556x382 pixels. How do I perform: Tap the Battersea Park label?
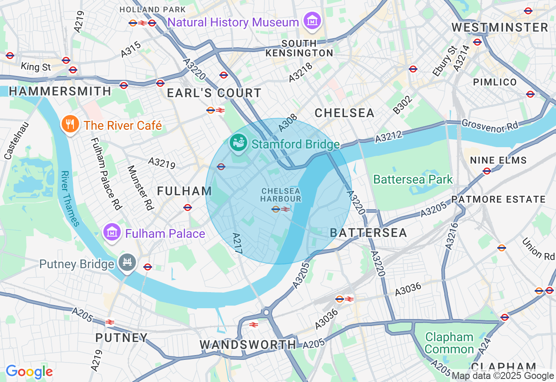coord(413,179)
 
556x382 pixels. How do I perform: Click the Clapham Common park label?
coord(449,343)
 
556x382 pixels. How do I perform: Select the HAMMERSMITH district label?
coord(60,91)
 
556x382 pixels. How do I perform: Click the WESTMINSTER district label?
coord(500,27)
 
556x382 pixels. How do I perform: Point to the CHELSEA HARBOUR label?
coord(281,194)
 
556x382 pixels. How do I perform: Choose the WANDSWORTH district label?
coord(248,345)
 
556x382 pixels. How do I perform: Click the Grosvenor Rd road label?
coord(490,126)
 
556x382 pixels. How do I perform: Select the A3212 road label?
coord(388,136)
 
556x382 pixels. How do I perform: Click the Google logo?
coord(29,372)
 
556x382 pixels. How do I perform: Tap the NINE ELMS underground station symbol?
coord(487,171)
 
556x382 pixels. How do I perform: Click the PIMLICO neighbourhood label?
coord(495,82)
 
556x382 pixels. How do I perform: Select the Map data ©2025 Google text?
coord(503,376)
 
